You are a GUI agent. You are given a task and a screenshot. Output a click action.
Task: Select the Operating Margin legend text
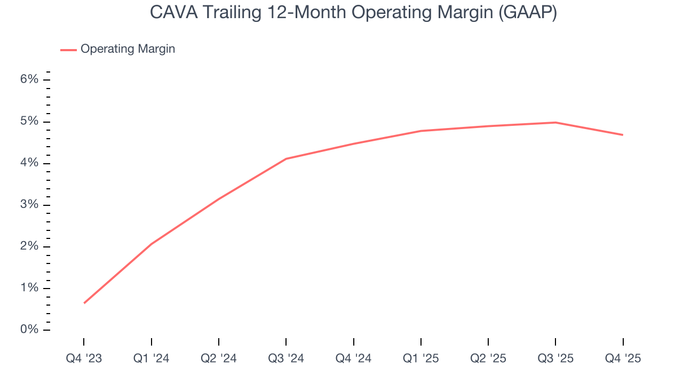[x=128, y=49]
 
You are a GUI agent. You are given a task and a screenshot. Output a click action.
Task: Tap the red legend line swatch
[x=68, y=50]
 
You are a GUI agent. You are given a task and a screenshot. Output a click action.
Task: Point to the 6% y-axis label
[x=30, y=79]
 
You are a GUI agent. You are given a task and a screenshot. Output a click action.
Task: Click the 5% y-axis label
[x=30, y=121]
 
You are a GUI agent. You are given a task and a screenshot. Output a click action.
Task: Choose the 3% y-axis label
[x=30, y=205]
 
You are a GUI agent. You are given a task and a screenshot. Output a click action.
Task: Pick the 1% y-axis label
[x=30, y=288]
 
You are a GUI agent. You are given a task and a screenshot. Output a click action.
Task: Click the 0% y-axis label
[x=30, y=330]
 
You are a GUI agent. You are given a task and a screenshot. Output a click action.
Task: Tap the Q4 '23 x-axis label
[x=84, y=358]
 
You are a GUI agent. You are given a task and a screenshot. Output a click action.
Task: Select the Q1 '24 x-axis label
[x=151, y=358]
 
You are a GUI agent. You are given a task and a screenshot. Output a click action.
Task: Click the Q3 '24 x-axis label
[x=286, y=358]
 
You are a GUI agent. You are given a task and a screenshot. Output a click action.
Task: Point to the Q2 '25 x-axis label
[x=488, y=358]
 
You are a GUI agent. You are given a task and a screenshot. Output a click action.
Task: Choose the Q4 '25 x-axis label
[x=623, y=358]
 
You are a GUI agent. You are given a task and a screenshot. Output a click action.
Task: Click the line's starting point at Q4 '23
[x=84, y=303]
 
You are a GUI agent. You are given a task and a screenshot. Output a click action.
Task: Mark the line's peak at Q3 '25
[x=555, y=123]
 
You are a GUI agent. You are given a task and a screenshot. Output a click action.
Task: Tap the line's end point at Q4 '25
[x=623, y=135]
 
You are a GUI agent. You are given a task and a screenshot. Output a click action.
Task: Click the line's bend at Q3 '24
[x=286, y=159]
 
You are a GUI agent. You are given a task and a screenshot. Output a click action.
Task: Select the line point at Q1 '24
[x=152, y=244]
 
